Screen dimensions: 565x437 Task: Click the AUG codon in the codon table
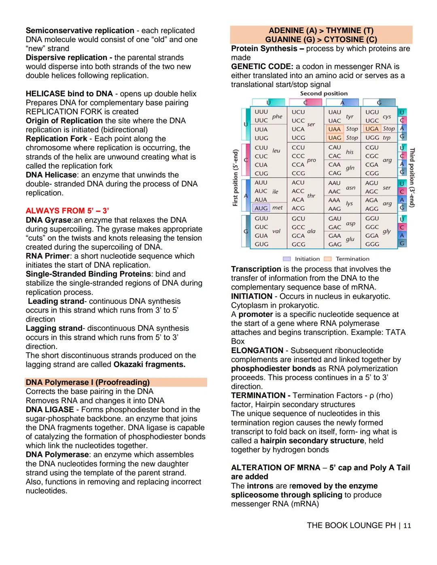tap(261, 208)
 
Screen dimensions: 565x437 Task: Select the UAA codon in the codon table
tap(334, 129)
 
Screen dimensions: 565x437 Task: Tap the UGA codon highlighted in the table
tap(371, 129)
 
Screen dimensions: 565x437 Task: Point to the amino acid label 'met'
tap(278, 207)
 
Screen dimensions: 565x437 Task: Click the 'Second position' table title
tap(324, 93)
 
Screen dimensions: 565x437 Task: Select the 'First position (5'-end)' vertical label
tap(235, 178)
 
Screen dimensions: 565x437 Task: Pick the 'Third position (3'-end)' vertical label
tap(412, 178)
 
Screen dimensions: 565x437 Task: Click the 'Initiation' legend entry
tap(307, 259)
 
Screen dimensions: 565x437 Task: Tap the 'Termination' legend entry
tap(352, 259)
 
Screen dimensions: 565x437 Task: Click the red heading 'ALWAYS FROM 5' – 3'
tap(67, 211)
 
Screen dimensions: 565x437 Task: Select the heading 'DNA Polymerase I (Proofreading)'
tap(87, 382)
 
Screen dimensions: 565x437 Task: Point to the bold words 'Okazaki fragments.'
tap(149, 364)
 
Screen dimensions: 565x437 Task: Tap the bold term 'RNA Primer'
tap(48, 256)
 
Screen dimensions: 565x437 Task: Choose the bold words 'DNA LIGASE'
tap(50, 410)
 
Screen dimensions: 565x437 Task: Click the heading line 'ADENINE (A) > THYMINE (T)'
tap(321, 31)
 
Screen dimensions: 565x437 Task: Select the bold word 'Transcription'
tap(256, 269)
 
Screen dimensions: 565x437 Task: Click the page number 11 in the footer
tap(407, 526)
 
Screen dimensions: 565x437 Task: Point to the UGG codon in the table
tap(372, 138)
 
